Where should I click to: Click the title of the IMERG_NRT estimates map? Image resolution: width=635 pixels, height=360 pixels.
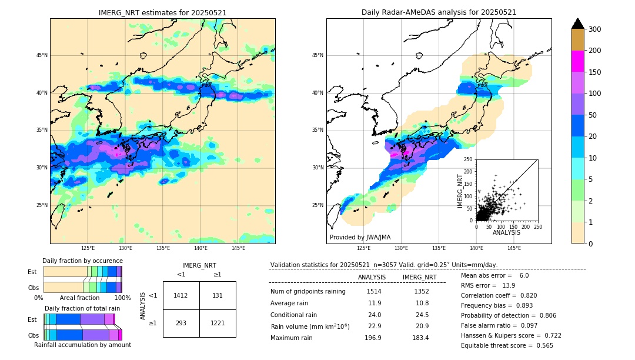[x=162, y=12]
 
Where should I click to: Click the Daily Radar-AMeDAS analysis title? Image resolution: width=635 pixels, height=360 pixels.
[x=439, y=12]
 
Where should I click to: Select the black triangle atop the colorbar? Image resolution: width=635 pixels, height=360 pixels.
[x=578, y=24]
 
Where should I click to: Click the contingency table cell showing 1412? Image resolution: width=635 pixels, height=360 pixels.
[x=181, y=295]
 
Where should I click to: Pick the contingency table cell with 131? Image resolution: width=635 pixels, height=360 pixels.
[x=218, y=295]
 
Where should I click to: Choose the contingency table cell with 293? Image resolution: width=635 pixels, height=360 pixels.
[x=181, y=323]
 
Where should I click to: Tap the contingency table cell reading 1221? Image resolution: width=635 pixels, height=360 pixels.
[x=218, y=323]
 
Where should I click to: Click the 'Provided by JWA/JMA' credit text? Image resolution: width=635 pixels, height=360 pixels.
[x=360, y=238]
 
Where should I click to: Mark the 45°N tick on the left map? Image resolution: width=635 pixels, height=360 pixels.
[x=42, y=55]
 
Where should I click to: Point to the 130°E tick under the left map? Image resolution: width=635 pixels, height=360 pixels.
[x=125, y=249]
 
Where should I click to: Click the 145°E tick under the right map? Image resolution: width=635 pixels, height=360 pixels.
[x=514, y=249]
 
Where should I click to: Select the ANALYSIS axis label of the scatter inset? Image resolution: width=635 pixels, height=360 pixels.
[x=506, y=232]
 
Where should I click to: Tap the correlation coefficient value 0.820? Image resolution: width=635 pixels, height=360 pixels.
[x=524, y=295]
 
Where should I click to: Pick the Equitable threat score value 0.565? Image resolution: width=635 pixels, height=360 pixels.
[x=539, y=345]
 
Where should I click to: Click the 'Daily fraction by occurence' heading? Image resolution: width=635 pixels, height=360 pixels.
[x=82, y=261]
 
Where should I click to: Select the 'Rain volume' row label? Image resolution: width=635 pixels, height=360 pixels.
[x=310, y=326]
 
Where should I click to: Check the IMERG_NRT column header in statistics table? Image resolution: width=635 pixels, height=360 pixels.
[x=419, y=277]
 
